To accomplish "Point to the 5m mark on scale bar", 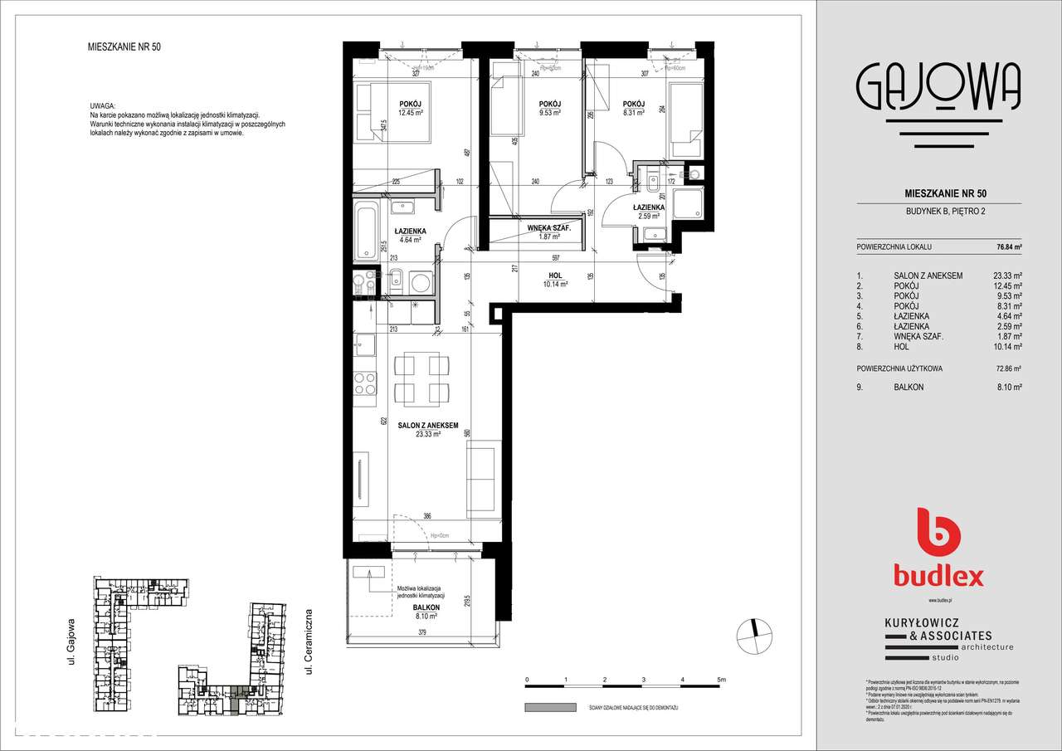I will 721,680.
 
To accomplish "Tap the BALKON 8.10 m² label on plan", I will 426,611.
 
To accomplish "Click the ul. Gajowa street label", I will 72,640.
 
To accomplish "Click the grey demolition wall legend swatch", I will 550,708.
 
